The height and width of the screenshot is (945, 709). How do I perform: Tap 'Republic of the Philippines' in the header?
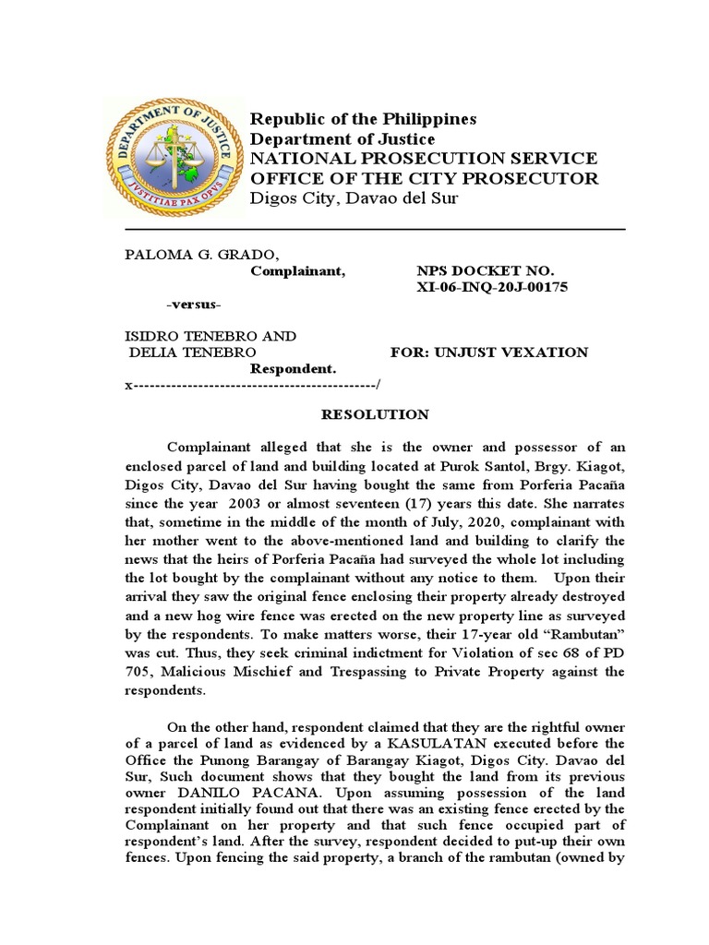364,119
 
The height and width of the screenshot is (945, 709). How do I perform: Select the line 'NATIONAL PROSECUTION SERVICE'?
425,159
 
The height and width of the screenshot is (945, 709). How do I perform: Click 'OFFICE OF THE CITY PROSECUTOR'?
425,178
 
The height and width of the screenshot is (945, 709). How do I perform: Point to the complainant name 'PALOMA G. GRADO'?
198,255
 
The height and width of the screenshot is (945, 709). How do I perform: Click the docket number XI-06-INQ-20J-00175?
493,288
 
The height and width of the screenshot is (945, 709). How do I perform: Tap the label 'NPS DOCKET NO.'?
486,271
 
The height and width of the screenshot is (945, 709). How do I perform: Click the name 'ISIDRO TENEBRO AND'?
210,336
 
